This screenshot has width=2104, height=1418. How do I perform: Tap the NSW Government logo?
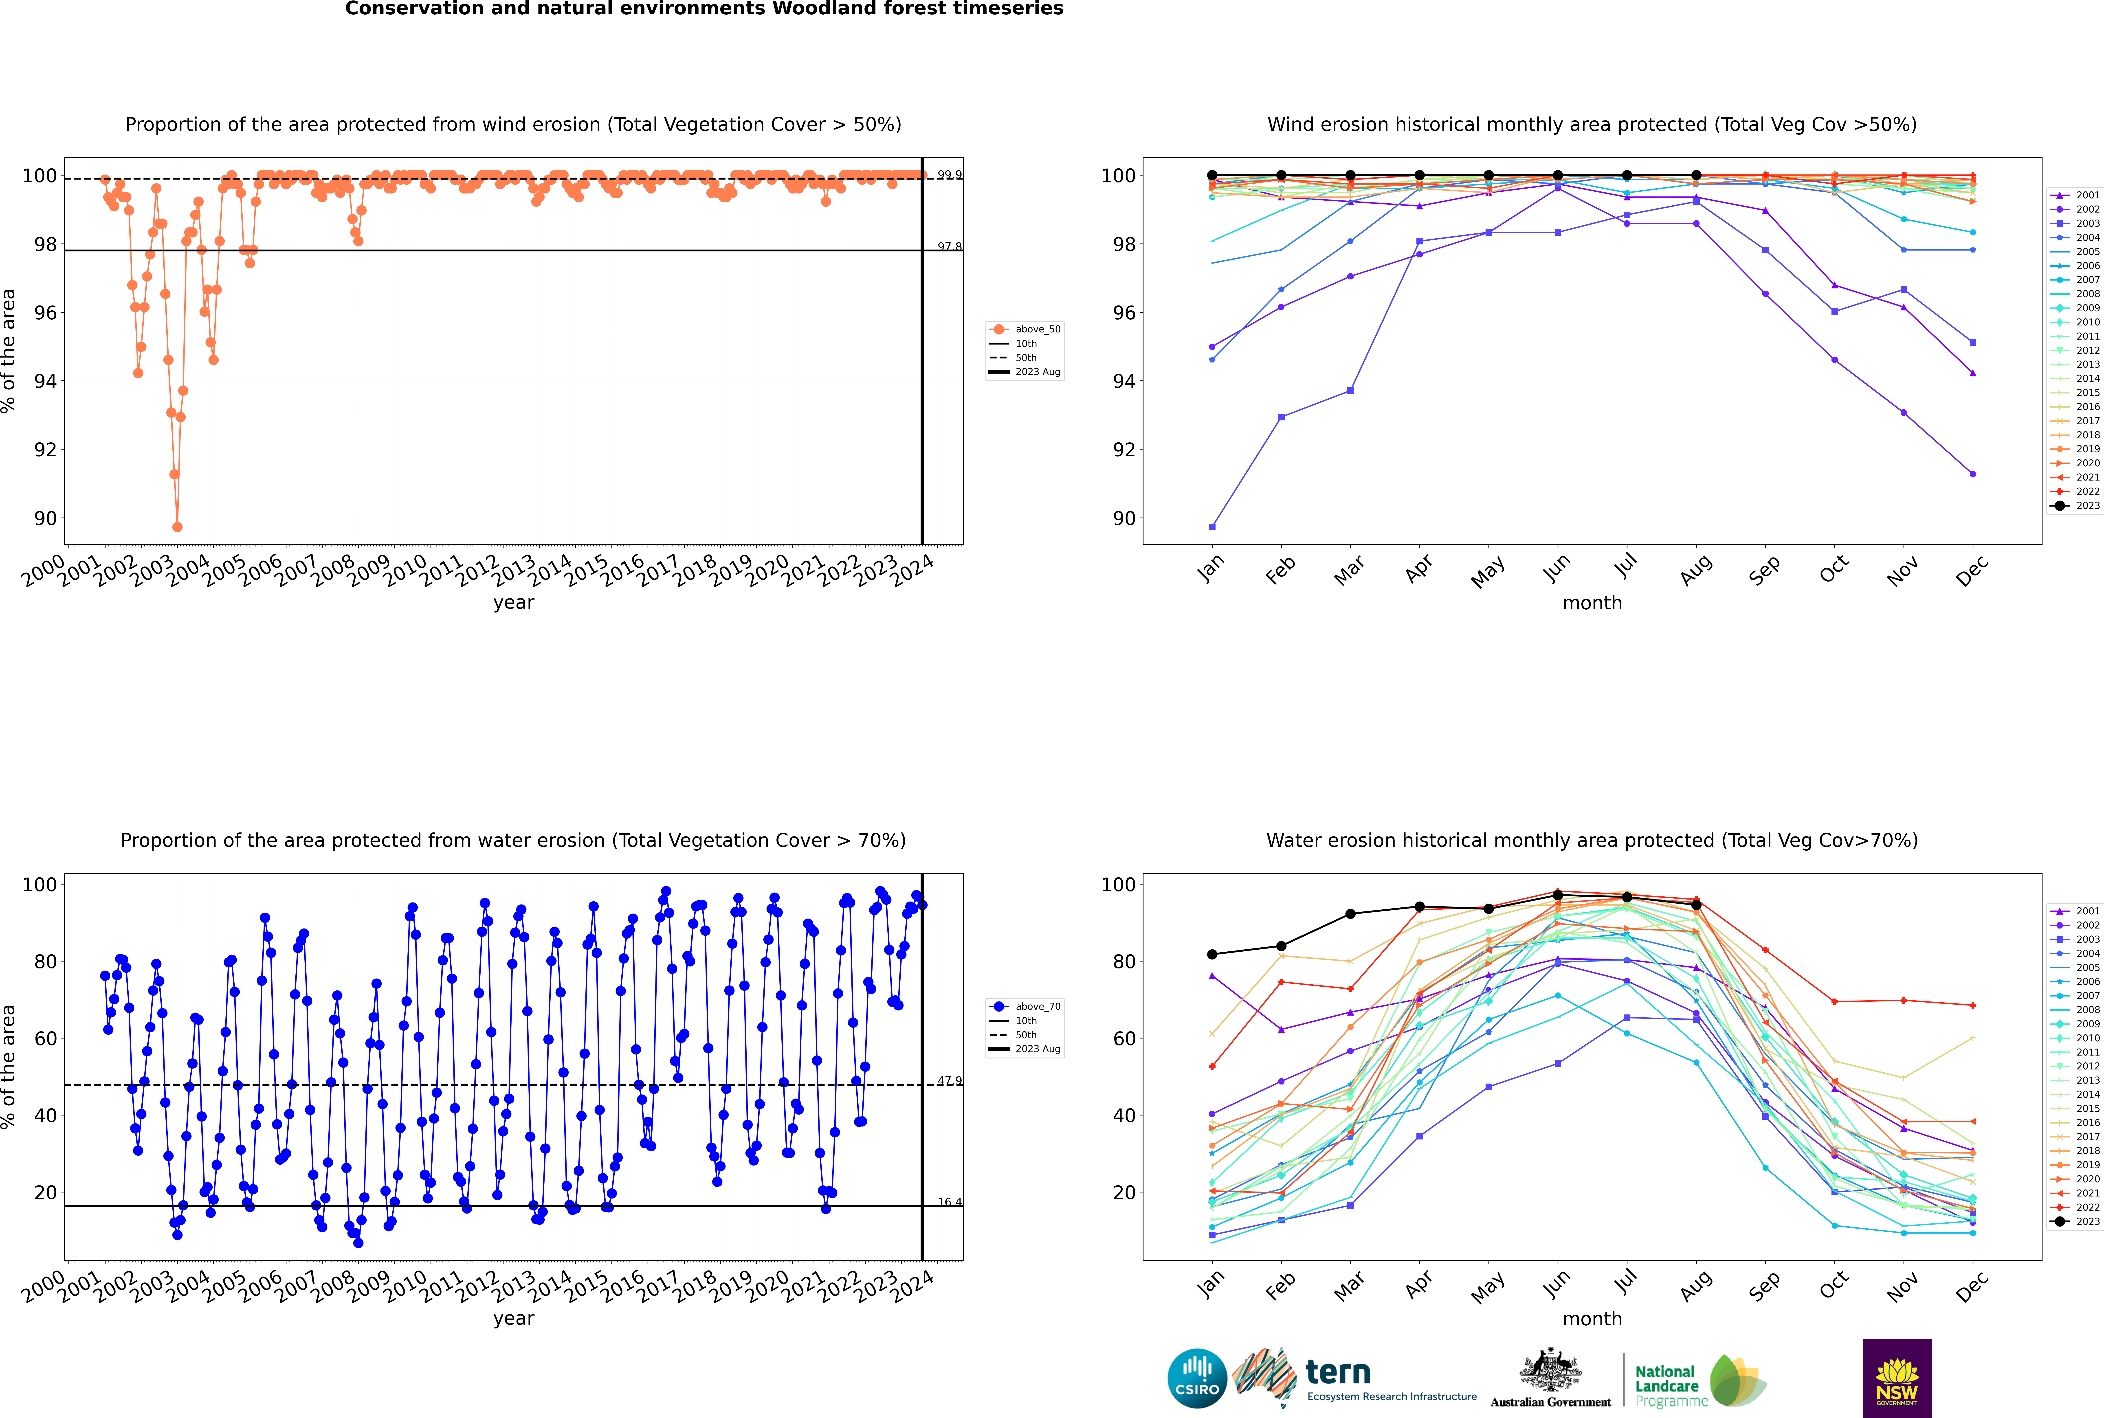pos(1897,1377)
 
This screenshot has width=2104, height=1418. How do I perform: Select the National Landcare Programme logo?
pos(1699,1381)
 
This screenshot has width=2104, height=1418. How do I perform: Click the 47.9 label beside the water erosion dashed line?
pos(949,1081)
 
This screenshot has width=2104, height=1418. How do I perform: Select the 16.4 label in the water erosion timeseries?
pos(949,1202)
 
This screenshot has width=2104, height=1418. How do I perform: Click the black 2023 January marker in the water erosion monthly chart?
pos(1212,954)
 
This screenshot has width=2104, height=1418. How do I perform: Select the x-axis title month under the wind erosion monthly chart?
pos(1592,603)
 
